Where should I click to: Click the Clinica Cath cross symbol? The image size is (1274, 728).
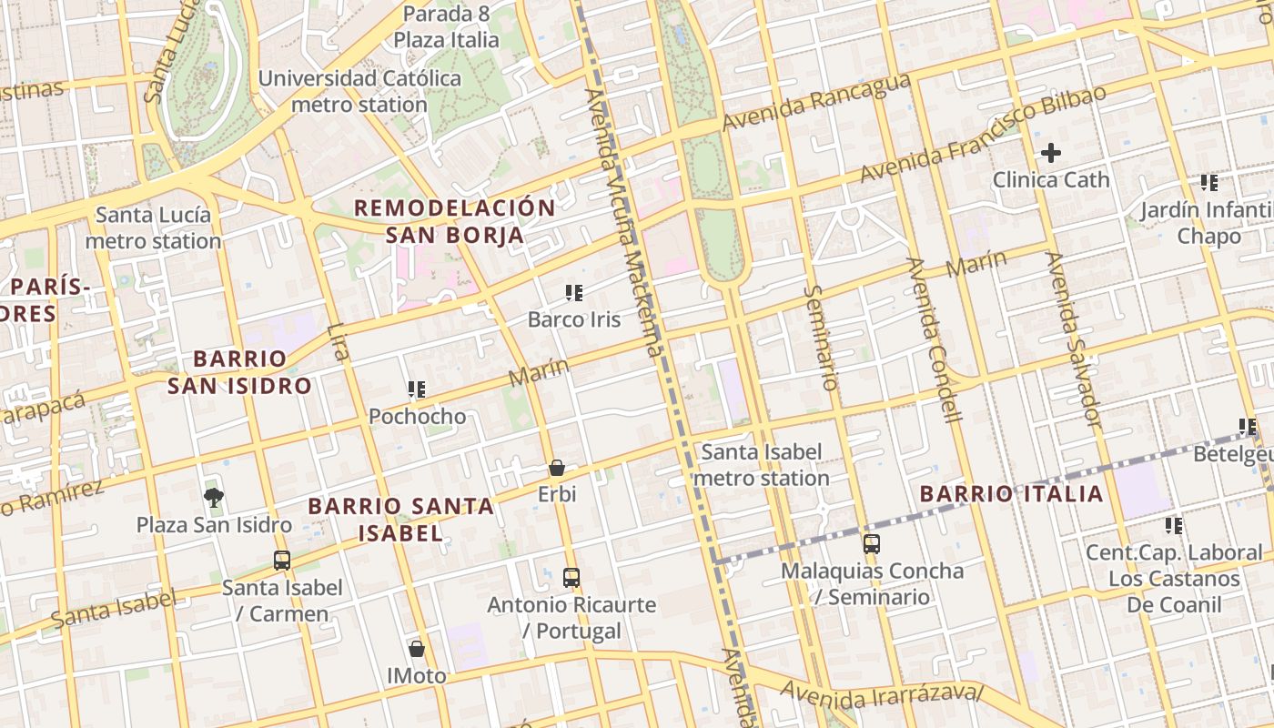coord(1050,153)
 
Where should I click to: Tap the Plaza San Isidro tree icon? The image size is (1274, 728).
coord(214,497)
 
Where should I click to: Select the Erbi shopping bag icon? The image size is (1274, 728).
coord(557,468)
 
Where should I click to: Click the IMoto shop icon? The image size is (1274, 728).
coord(417,649)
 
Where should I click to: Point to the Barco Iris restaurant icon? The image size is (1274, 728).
coord(574,293)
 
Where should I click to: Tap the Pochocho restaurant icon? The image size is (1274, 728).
coord(417,390)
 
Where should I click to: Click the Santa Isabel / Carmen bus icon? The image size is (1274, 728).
coord(282,561)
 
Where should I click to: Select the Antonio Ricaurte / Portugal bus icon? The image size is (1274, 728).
coord(571,578)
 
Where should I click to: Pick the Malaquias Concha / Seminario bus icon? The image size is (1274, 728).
coord(872,544)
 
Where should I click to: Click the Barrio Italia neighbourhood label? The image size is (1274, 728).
coord(1011,494)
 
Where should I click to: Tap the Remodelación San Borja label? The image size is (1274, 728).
coord(454,221)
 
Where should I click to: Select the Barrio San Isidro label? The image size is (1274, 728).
coord(240,371)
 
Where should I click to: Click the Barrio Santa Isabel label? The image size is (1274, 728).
coord(400,520)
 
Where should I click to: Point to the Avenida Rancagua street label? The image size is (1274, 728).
coord(816,101)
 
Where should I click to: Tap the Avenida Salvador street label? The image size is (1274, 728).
coord(1074,339)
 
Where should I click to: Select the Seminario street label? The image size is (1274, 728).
coord(821,337)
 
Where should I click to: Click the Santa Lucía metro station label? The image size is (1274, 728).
coord(153,228)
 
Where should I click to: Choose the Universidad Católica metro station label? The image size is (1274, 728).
coord(359,91)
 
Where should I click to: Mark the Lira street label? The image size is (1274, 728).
coord(338,341)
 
